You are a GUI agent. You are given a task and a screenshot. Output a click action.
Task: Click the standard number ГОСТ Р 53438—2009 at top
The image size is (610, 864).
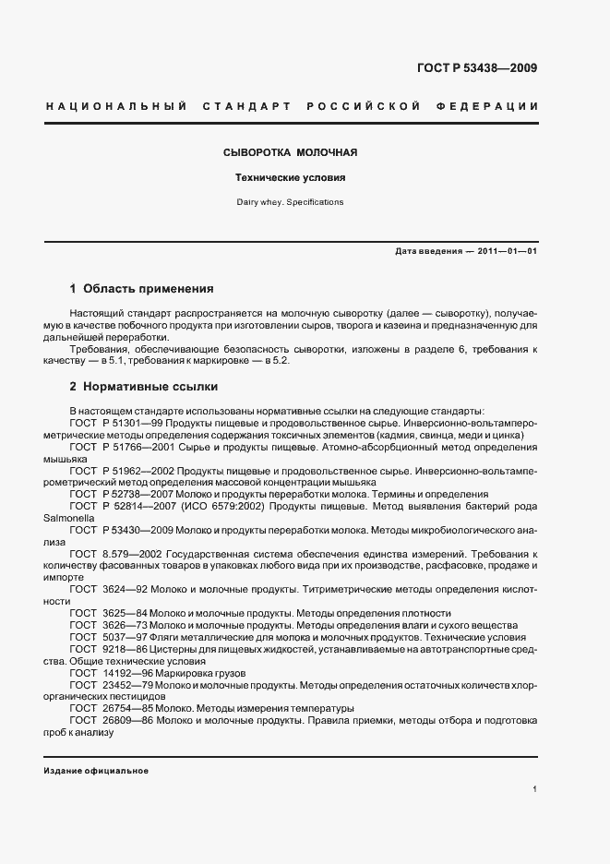tap(477, 68)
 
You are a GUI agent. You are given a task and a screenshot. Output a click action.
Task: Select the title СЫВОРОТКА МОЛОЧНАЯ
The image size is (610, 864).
tap(291, 151)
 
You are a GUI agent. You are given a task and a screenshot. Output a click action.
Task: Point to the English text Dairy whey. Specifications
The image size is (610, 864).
tap(291, 200)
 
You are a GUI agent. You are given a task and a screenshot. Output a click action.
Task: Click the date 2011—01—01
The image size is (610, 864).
tap(506, 251)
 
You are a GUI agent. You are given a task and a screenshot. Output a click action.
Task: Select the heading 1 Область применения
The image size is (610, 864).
tap(141, 288)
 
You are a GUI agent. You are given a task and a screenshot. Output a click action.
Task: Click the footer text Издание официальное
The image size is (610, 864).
tap(96, 771)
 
